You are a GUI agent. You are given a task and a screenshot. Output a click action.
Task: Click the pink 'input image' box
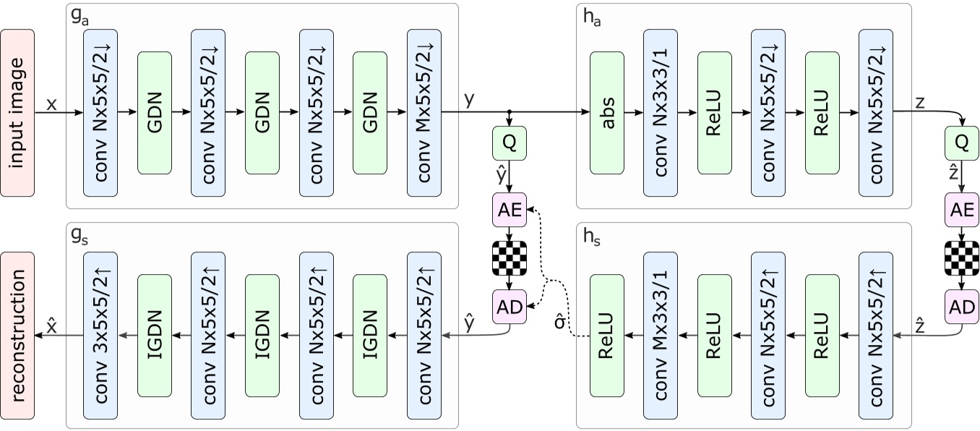pos(18,113)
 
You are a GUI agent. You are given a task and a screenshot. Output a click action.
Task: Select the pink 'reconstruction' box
pos(18,336)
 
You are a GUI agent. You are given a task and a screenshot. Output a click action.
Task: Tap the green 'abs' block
pos(607,113)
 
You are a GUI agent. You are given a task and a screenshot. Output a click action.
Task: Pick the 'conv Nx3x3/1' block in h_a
pos(661,113)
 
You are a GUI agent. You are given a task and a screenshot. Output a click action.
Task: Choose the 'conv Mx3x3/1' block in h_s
pos(661,336)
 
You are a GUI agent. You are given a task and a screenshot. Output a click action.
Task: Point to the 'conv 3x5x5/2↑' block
pos(100,336)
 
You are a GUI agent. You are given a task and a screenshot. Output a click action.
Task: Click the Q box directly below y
pos(510,143)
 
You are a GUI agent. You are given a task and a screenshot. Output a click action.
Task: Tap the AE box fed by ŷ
pos(510,208)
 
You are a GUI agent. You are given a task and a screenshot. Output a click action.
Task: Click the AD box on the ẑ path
pos(961,307)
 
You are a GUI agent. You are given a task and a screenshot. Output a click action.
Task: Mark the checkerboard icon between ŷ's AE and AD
pos(510,256)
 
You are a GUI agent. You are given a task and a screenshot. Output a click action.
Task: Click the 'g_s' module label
pos(79,236)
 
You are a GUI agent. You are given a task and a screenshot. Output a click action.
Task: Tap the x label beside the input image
pos(51,104)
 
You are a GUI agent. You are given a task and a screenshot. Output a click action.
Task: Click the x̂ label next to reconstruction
pos(51,326)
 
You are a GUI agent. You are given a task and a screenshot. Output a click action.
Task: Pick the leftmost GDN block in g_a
pos(155,113)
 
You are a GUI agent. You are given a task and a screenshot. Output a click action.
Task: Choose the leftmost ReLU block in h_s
pos(607,336)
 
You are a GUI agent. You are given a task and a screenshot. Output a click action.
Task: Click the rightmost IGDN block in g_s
pos(370,336)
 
